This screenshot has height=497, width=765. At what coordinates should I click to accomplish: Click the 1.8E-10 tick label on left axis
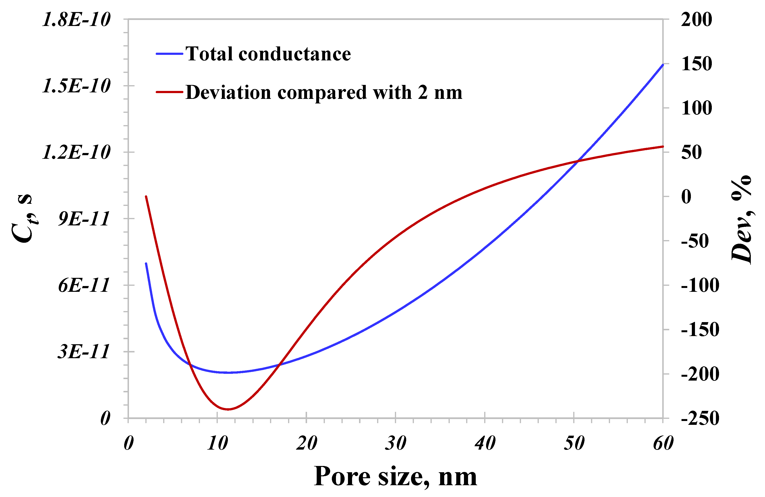pyautogui.click(x=77, y=20)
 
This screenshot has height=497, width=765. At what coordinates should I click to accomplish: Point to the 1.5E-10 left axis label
pyautogui.click(x=77, y=86)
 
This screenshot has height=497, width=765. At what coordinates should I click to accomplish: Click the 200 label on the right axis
pyautogui.click(x=696, y=20)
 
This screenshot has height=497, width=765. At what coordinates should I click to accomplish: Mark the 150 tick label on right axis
pyautogui.click(x=696, y=64)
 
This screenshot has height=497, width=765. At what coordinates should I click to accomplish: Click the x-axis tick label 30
pyautogui.click(x=396, y=443)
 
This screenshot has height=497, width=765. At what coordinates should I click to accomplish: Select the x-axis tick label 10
pyautogui.click(x=217, y=443)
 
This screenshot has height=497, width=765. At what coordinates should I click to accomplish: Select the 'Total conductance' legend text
pyautogui.click(x=268, y=54)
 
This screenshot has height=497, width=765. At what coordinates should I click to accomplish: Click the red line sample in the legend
pyautogui.click(x=169, y=92)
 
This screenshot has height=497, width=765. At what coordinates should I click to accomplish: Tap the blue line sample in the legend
pyautogui.click(x=169, y=54)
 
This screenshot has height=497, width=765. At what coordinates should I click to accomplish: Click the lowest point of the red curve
pyautogui.click(x=228, y=409)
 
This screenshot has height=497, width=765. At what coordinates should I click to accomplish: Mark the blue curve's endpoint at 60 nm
pyautogui.click(x=663, y=65)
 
